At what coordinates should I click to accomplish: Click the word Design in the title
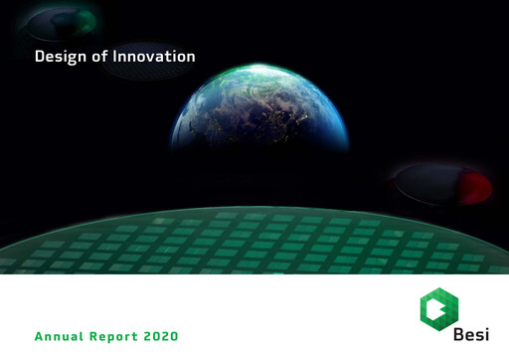58,57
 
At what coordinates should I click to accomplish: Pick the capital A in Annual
40,337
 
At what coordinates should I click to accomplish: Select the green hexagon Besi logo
439,309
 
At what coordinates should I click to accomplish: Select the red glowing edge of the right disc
478,185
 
